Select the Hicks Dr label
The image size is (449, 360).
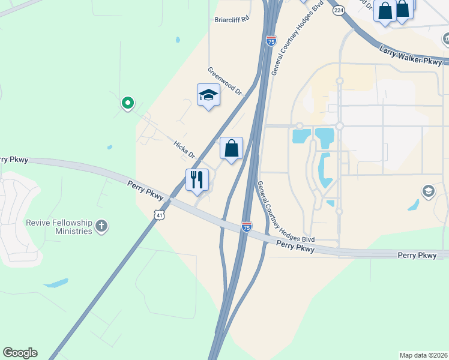pos(184,150)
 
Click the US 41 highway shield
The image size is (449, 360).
pos(158,214)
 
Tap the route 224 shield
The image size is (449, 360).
pos(339,10)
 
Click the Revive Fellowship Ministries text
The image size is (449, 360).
pos(59,227)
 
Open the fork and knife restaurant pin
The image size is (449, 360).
pos(197,179)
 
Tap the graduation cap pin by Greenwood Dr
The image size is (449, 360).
pos(208,95)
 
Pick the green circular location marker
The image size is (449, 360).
pos(127,103)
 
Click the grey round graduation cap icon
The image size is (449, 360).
pos(428,191)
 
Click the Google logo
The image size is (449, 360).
pos(20,353)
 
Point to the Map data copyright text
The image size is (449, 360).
pos(423,355)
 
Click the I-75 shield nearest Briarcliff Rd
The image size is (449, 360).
pos(271,41)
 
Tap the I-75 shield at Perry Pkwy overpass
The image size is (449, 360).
pos(247,226)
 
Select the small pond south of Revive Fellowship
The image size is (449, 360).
pos(56,283)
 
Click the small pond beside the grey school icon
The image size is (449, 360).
pos(413,205)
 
